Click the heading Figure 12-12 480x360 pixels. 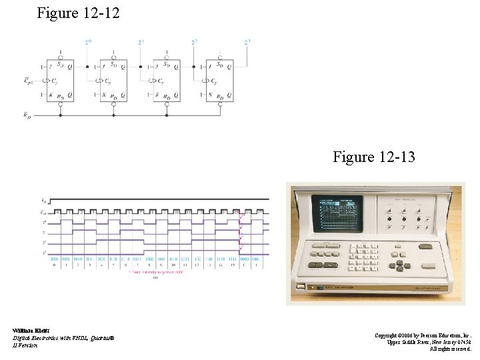(x=79, y=13)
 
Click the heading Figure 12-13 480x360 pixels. (x=374, y=157)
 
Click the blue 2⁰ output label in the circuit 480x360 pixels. (x=88, y=43)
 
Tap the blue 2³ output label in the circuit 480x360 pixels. (x=247, y=43)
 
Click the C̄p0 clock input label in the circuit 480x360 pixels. (x=29, y=81)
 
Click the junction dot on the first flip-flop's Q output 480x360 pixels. (x=87, y=67)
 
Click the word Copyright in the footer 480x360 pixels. (x=388, y=335)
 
